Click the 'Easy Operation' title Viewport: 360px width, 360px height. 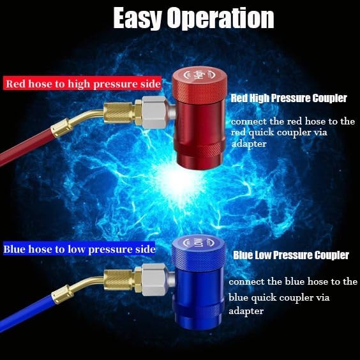click(x=193, y=19)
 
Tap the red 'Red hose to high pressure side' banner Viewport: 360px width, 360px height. click(x=82, y=84)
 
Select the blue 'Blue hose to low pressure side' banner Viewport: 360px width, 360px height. click(x=79, y=249)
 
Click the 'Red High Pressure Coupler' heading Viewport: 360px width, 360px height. click(x=289, y=98)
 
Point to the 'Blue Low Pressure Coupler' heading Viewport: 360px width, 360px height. click(x=291, y=255)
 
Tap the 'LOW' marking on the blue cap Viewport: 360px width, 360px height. click(x=199, y=243)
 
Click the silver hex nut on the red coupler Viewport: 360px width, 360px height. click(x=154, y=112)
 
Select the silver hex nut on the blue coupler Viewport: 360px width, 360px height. click(x=154, y=280)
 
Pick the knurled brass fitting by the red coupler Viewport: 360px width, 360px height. click(x=119, y=113)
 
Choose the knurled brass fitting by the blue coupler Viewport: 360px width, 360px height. click(x=119, y=280)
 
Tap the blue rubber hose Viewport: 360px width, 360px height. click(x=26, y=313)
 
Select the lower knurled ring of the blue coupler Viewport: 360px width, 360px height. click(x=199, y=310)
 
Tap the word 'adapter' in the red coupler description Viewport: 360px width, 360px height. click(x=249, y=144)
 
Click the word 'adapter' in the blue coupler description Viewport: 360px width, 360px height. click(x=246, y=311)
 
